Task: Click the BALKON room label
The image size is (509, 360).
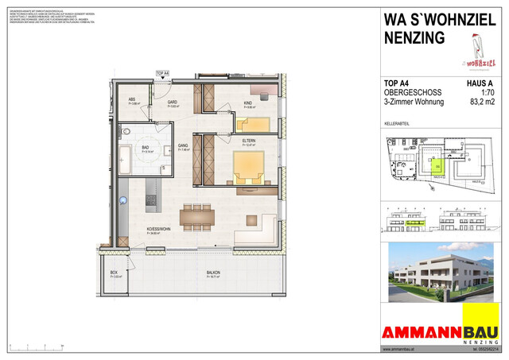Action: tap(213, 274)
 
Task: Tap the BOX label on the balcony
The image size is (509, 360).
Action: tap(115, 274)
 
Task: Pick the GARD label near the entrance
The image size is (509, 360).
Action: tap(172, 103)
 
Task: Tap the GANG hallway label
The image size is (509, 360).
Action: tap(182, 147)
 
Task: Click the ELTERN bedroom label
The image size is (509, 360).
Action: tap(249, 141)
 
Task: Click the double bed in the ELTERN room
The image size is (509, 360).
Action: tap(247, 167)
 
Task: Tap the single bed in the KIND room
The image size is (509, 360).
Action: tap(253, 122)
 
